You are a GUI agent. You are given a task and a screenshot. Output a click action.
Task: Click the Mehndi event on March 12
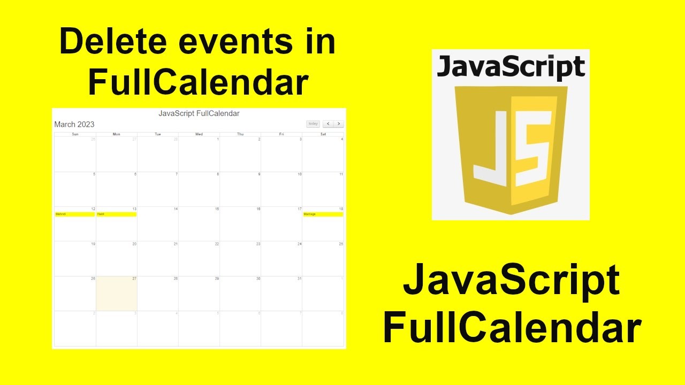click(x=75, y=214)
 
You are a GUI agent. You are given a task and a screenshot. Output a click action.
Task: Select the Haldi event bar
click(x=116, y=214)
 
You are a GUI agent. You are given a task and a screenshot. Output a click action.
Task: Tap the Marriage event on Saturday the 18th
click(x=323, y=214)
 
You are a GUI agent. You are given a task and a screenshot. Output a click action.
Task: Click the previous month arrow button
click(x=328, y=124)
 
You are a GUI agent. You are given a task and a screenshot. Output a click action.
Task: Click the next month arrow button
click(x=339, y=124)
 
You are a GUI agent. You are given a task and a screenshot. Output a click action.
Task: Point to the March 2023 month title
click(x=74, y=125)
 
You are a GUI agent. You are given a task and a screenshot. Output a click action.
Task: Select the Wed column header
click(x=199, y=134)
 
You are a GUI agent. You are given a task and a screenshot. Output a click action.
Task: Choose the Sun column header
click(x=75, y=134)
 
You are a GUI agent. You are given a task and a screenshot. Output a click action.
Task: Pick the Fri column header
click(x=281, y=134)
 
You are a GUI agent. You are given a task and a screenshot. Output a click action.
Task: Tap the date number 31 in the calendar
click(x=300, y=279)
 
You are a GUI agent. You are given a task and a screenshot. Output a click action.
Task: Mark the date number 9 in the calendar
click(x=259, y=174)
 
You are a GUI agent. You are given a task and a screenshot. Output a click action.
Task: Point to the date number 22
click(x=217, y=244)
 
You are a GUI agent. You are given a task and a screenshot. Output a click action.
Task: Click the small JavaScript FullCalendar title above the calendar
click(x=199, y=113)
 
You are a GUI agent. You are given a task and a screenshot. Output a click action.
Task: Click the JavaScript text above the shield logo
click(x=511, y=68)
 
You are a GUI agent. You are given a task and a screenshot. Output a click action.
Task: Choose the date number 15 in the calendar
click(x=217, y=209)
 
